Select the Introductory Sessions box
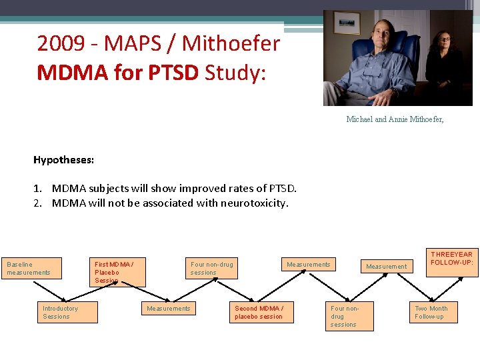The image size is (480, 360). click(x=67, y=312)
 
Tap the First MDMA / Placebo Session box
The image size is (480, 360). click(x=119, y=272)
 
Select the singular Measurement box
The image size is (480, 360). click(x=387, y=267)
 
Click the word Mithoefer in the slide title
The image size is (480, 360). click(x=231, y=45)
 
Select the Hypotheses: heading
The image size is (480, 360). click(x=64, y=160)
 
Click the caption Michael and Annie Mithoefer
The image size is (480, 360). click(x=395, y=119)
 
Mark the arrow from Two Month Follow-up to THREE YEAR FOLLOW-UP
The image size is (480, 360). click(x=443, y=287)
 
